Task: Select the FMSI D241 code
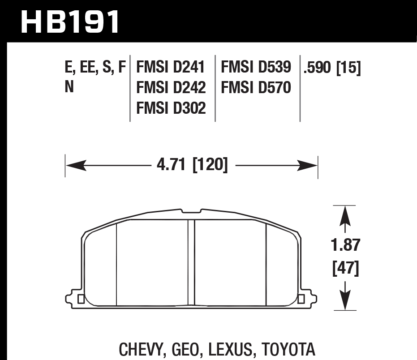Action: (171, 68)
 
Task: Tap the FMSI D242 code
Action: (171, 87)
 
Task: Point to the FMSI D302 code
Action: (171, 107)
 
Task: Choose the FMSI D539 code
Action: (256, 68)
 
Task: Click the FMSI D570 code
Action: (256, 87)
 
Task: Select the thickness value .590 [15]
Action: (332, 68)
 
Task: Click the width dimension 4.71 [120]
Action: (192, 165)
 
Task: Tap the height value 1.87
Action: (345, 245)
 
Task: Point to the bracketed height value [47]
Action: (345, 269)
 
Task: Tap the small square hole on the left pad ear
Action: (81, 299)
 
